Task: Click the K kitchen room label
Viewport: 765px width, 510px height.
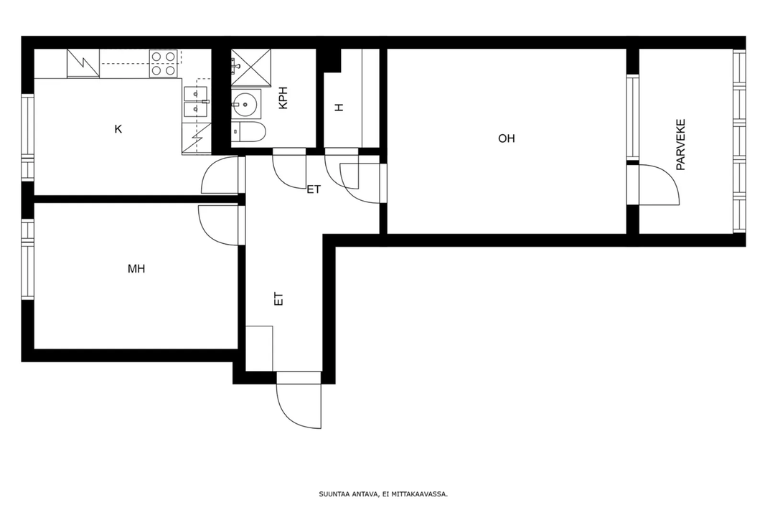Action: pos(118,129)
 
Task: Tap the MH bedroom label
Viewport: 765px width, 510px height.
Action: pos(136,269)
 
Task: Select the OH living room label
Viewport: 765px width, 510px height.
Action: pos(507,138)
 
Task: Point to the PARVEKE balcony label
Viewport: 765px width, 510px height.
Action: pos(680,144)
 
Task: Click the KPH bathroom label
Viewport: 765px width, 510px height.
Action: pos(283,98)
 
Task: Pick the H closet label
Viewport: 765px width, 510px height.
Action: pos(339,108)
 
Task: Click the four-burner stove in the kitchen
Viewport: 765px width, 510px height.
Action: pos(163,63)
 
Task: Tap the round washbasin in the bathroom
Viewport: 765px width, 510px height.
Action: pos(243,103)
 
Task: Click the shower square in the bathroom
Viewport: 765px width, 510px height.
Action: pos(250,67)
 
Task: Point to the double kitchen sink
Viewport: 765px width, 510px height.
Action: pos(196,102)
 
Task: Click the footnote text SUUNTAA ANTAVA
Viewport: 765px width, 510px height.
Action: pos(349,494)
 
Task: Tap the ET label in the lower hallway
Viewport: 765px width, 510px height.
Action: pos(278,298)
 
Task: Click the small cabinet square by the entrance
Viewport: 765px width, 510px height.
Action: pos(259,348)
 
